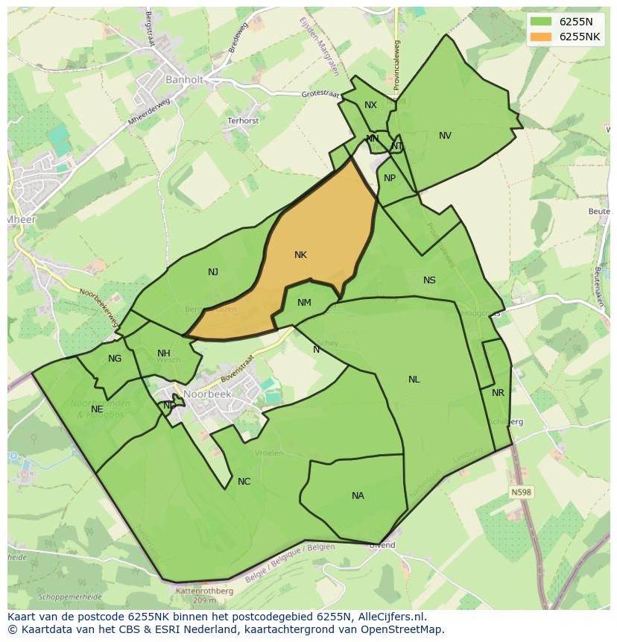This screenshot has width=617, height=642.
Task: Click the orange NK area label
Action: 300,255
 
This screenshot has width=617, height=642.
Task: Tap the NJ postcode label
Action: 213,272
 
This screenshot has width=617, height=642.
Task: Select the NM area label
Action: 304,302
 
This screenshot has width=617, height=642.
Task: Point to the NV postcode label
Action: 445,136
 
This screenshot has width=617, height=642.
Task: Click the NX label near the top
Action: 370,105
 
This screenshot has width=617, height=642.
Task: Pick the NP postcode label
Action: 390,178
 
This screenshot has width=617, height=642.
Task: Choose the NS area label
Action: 429,280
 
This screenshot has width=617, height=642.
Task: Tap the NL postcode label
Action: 414,380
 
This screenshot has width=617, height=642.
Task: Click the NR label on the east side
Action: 498,393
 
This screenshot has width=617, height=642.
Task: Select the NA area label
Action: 358,496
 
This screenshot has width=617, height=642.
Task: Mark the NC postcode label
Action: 244,482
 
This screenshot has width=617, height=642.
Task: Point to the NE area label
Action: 97,409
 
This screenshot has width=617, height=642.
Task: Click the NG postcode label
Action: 114,359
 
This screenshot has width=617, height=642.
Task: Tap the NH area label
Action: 164,353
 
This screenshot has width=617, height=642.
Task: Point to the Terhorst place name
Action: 243,121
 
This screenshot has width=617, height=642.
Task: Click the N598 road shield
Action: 522,492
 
